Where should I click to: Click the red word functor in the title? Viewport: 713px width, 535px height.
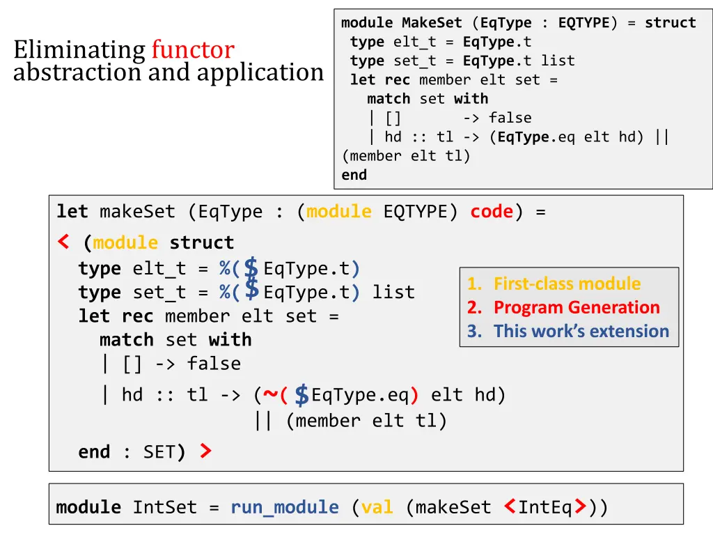pyautogui.click(x=193, y=50)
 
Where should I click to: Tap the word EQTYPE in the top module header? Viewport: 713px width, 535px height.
pyautogui.click(x=583, y=23)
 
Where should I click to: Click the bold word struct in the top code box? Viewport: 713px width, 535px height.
pyautogui.click(x=670, y=23)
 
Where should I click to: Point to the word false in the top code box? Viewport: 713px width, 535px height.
pyautogui.click(x=510, y=118)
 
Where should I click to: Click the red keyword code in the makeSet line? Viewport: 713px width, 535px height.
pyautogui.click(x=492, y=211)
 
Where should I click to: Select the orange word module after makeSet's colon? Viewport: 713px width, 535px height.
pyautogui.click(x=339, y=211)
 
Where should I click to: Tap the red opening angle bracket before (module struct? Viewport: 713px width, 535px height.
pyautogui.click(x=63, y=242)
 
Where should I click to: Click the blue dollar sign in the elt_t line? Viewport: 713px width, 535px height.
pyautogui.click(x=252, y=267)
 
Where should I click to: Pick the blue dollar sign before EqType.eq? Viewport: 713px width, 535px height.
pyautogui.click(x=301, y=395)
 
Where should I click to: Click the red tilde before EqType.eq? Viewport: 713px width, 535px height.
pyautogui.click(x=269, y=395)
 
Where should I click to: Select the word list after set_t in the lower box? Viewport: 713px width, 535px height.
pyautogui.click(x=393, y=292)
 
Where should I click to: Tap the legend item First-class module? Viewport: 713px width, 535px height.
pyautogui.click(x=567, y=284)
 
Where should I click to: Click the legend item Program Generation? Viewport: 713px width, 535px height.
pyautogui.click(x=577, y=307)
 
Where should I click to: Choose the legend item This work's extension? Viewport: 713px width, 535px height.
pyautogui.click(x=581, y=331)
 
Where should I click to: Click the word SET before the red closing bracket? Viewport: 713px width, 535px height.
pyautogui.click(x=159, y=452)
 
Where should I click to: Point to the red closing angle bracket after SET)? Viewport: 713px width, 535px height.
pyautogui.click(x=205, y=452)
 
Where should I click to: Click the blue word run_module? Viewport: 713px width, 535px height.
pyautogui.click(x=285, y=507)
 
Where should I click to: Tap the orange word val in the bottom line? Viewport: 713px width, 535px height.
pyautogui.click(x=377, y=507)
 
